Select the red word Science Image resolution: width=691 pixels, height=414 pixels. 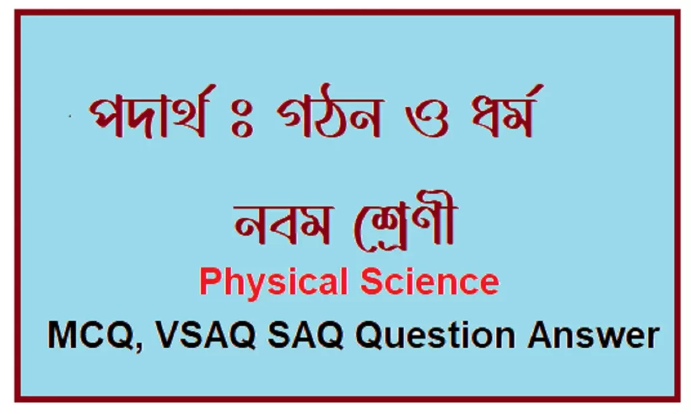430,282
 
